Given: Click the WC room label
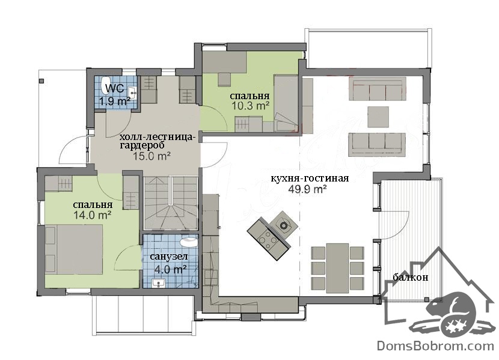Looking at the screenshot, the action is click(115, 88).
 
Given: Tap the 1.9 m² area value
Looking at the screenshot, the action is click(115, 102).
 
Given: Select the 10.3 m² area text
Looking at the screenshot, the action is click(251, 106).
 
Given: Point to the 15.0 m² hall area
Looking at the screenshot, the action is click(151, 156).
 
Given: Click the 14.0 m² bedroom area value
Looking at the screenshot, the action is click(93, 215).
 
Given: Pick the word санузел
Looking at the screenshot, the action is click(169, 256).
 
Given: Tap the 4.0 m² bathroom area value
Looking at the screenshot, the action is click(170, 269).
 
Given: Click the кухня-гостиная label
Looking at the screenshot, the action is click(310, 178).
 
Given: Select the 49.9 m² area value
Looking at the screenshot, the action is click(307, 189).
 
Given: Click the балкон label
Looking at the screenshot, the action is click(410, 277).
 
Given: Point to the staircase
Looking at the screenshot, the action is click(171, 203).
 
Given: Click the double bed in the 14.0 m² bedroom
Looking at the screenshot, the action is click(74, 249).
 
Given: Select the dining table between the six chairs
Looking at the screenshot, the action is click(338, 267).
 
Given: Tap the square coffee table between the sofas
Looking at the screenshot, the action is click(378, 117).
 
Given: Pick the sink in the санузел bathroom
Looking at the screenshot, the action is click(158, 282).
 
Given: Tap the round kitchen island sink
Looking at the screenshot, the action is click(283, 225).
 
